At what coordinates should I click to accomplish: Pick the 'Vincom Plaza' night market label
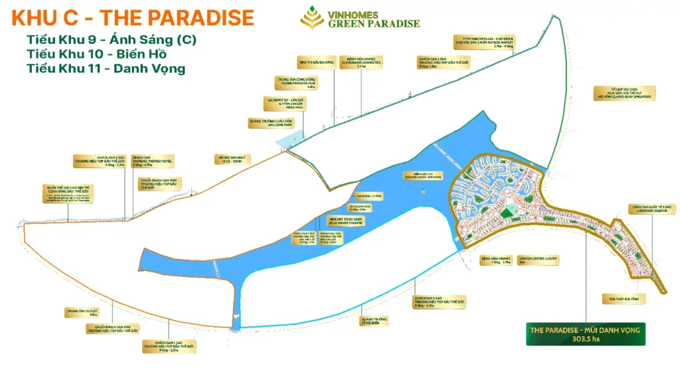pos(483,43)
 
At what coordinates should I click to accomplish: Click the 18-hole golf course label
pos(223,160)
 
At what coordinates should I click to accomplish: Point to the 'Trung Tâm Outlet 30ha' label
pos(78,312)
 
